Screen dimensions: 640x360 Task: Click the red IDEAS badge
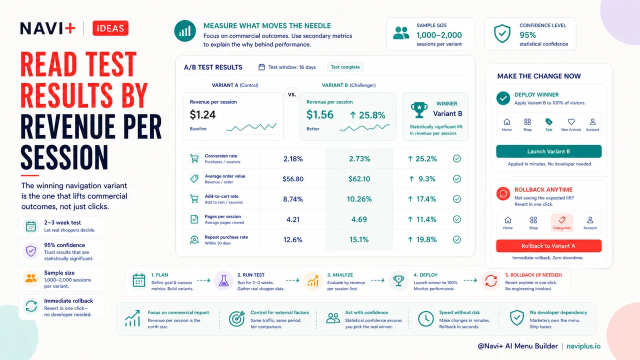[110, 28]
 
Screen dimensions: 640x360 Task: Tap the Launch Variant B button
[548, 151]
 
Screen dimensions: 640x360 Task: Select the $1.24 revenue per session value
[202, 114]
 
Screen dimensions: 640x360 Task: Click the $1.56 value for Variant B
[319, 114]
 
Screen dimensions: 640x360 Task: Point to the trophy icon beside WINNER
[419, 110]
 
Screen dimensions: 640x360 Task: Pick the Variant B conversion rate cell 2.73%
[359, 159]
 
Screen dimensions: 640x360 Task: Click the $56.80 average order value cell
[293, 179]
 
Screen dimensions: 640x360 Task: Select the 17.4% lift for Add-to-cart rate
[423, 199]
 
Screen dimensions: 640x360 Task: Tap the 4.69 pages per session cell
[359, 219]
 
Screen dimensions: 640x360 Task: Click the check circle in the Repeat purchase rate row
[457, 239]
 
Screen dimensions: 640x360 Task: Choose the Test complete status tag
[345, 67]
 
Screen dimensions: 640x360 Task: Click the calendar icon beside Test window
[261, 67]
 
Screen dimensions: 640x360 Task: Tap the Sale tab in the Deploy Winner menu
[549, 125]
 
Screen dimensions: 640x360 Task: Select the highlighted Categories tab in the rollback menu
[561, 223]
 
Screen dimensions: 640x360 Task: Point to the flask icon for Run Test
[223, 281]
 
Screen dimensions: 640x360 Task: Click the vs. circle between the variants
[291, 94]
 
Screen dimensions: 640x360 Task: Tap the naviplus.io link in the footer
[583, 346]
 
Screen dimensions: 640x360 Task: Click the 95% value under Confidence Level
[527, 35]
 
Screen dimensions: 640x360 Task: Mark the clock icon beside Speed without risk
[425, 318]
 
